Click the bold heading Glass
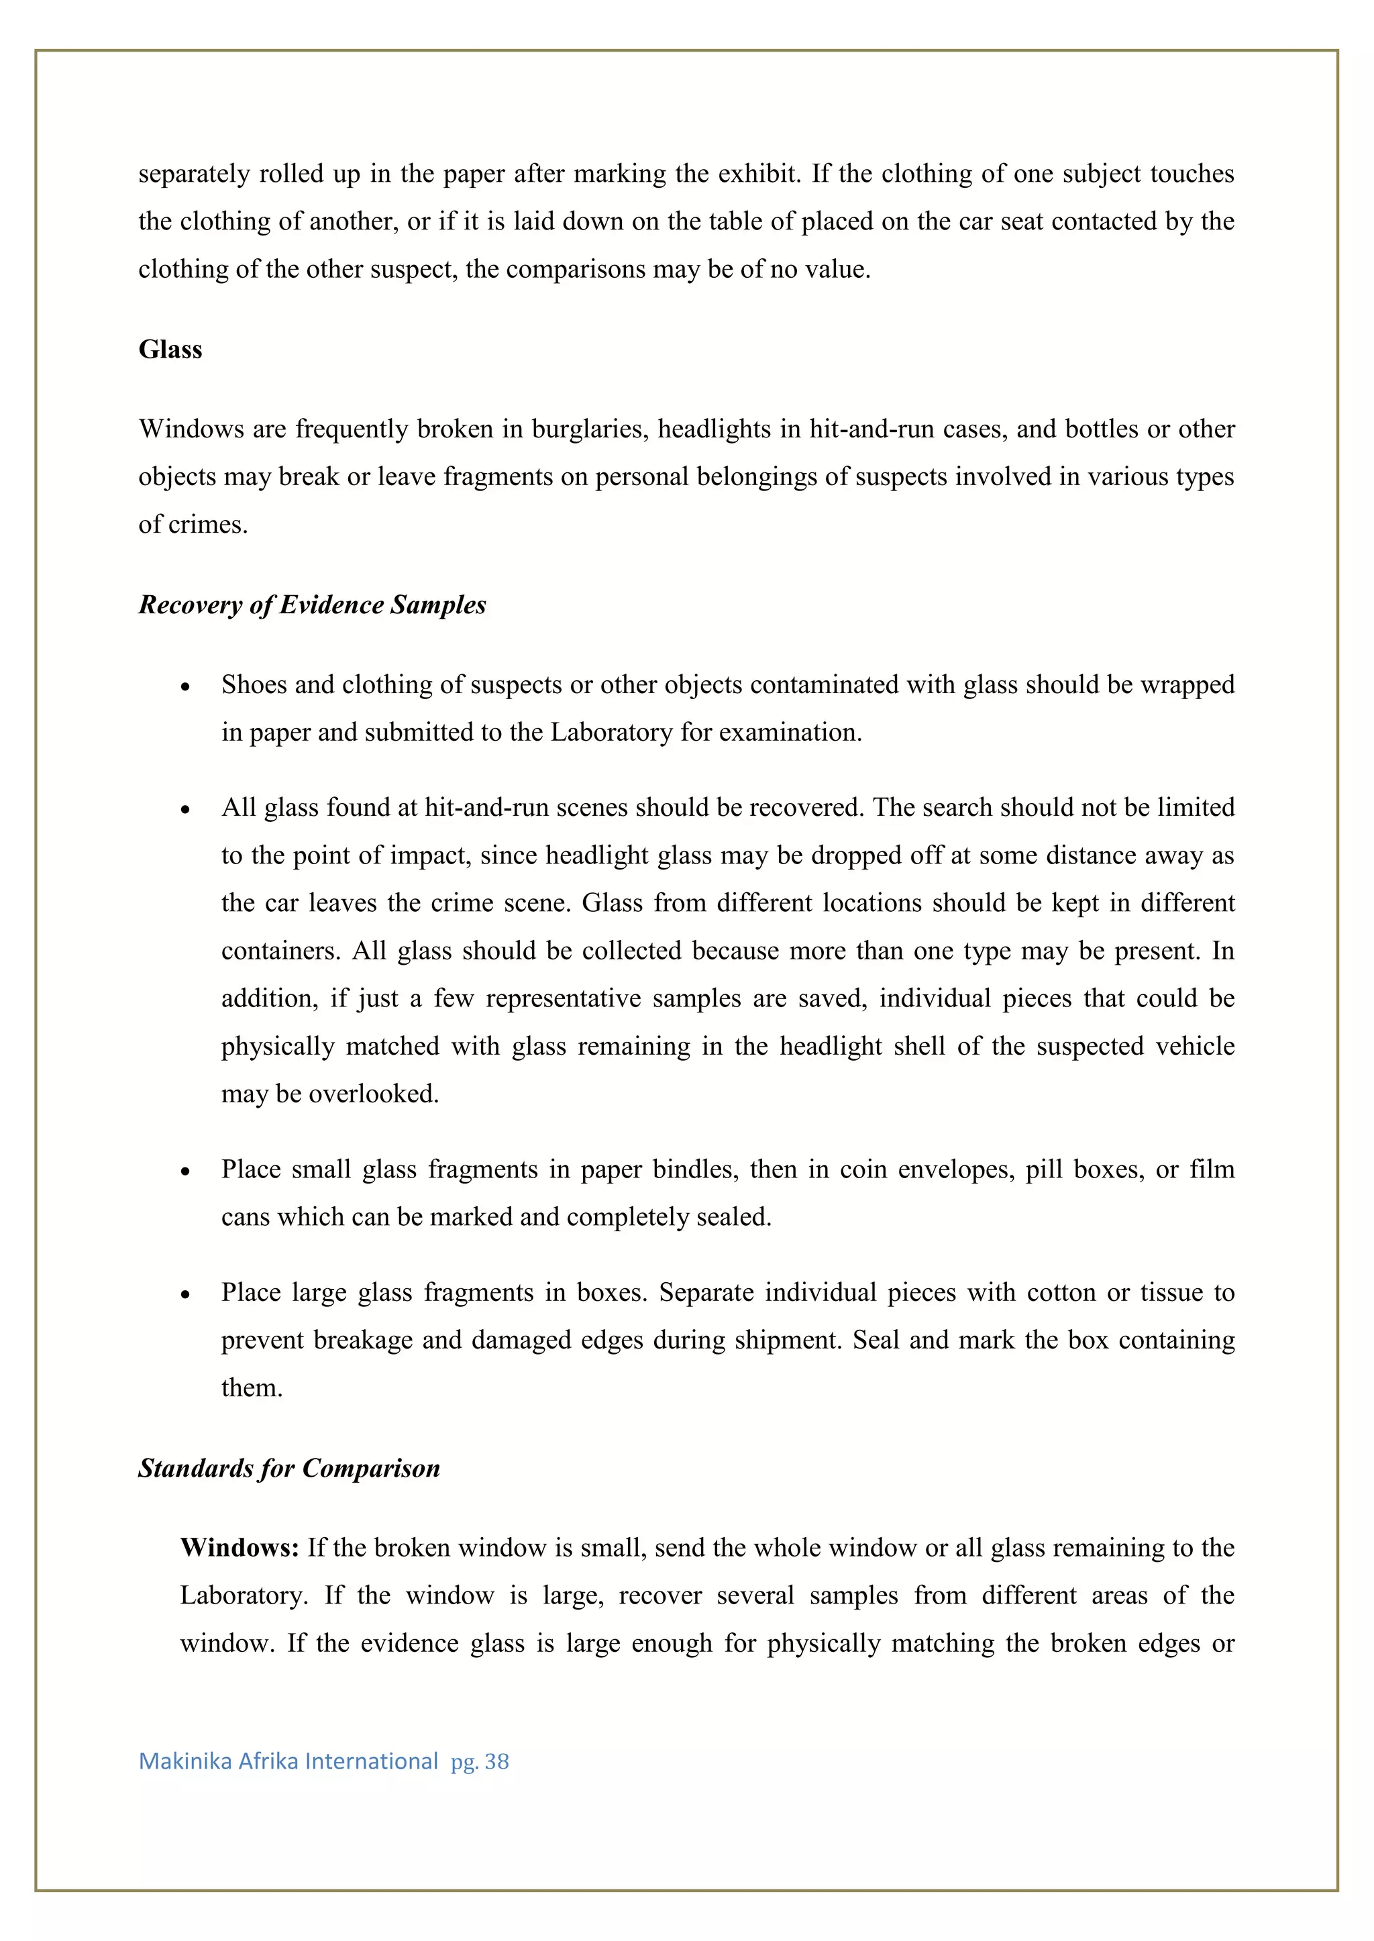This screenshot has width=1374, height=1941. [170, 350]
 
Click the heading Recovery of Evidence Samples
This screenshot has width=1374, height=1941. [312, 605]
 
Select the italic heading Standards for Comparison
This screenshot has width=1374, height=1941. [289, 1467]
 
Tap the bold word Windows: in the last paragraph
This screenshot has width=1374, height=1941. [240, 1548]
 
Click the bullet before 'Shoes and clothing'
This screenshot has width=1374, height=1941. [185, 686]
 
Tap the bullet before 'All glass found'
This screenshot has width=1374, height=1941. [185, 810]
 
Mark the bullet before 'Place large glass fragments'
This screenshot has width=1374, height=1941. [185, 1295]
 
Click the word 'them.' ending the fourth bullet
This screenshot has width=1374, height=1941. [252, 1387]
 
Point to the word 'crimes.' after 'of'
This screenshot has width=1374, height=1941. [208, 525]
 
